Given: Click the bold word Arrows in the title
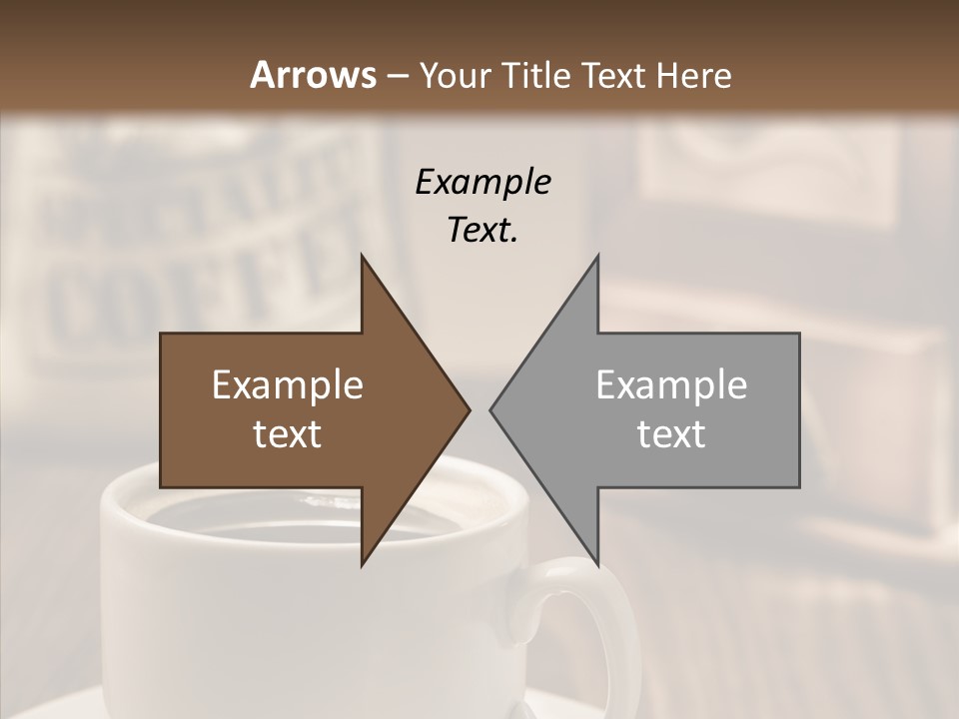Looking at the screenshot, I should [x=313, y=75].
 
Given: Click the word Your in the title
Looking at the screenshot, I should [x=455, y=75].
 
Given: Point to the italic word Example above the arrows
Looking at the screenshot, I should [x=483, y=183].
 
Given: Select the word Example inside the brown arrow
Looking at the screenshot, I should [x=288, y=385].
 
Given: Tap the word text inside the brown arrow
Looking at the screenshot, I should [x=288, y=434].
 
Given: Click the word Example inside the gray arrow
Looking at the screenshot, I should [x=671, y=385].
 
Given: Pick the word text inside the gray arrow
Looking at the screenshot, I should [x=671, y=434].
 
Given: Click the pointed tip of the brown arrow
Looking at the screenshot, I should [x=469, y=409].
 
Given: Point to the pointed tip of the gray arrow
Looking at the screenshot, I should [x=491, y=409].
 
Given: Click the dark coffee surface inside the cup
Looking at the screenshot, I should [x=300, y=519].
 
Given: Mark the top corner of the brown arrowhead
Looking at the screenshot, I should [x=363, y=257].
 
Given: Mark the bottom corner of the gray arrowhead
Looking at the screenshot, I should [x=597, y=564].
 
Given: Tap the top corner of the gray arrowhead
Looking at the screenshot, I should [x=597, y=257].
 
